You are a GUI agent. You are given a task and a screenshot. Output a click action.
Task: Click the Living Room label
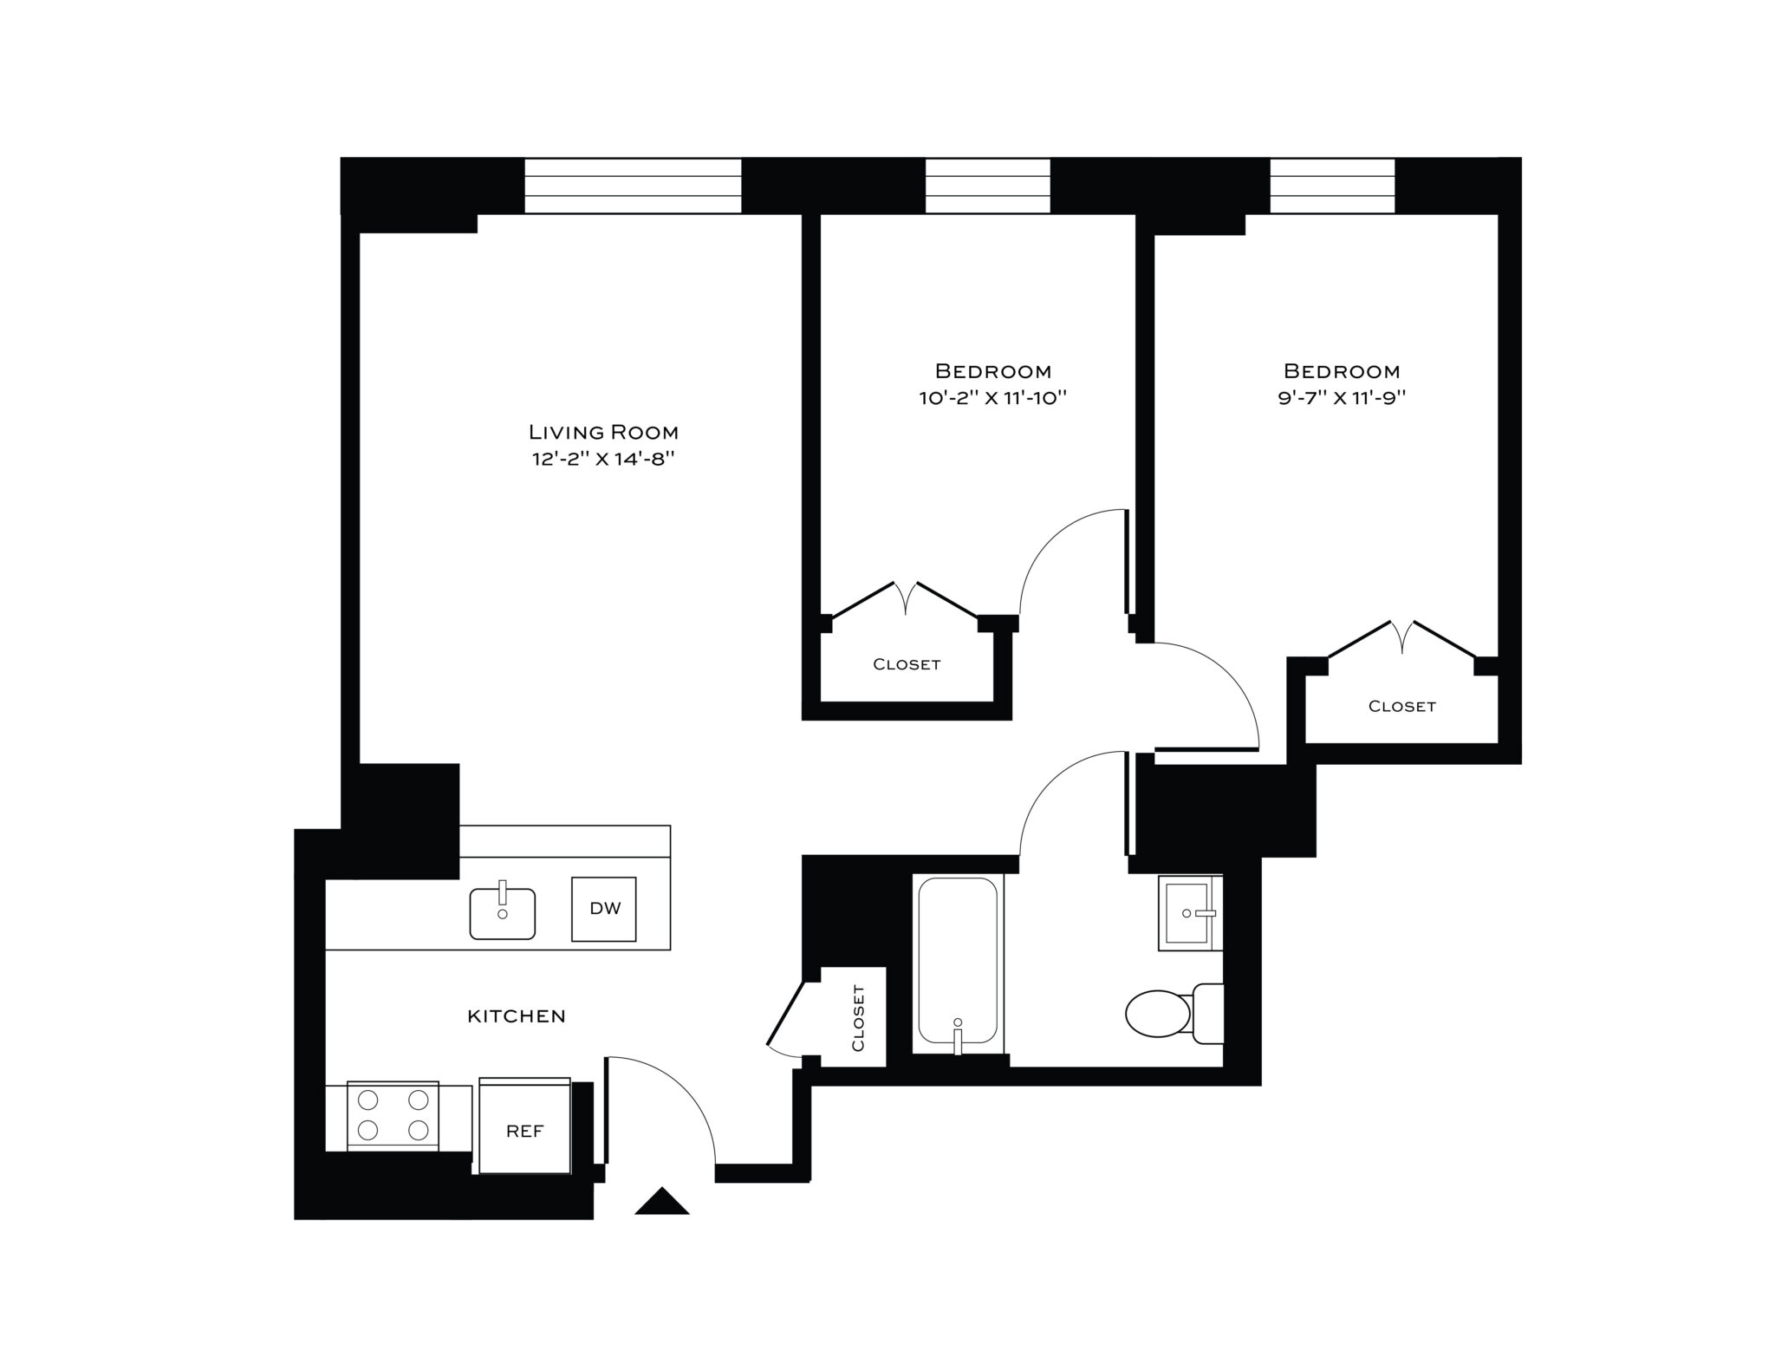603,432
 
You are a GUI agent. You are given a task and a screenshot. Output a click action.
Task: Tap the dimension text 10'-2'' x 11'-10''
992,399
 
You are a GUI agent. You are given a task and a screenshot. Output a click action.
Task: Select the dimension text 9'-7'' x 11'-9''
1341,399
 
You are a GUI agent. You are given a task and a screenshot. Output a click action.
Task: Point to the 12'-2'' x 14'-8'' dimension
603,459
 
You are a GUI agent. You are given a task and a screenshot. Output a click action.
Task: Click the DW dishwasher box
604,909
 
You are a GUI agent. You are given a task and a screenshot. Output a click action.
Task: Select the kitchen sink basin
502,913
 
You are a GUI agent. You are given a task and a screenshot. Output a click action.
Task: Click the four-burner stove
393,1115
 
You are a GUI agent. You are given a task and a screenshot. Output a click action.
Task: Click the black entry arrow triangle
662,1202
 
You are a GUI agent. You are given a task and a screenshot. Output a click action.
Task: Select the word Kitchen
517,1016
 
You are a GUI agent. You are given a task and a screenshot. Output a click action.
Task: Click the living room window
633,186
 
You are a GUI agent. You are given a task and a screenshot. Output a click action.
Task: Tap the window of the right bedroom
1332,186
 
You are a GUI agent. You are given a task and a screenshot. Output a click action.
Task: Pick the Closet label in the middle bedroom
907,665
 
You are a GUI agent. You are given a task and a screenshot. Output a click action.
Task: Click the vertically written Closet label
858,1017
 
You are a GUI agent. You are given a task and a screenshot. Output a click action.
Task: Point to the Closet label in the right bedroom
1401,707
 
